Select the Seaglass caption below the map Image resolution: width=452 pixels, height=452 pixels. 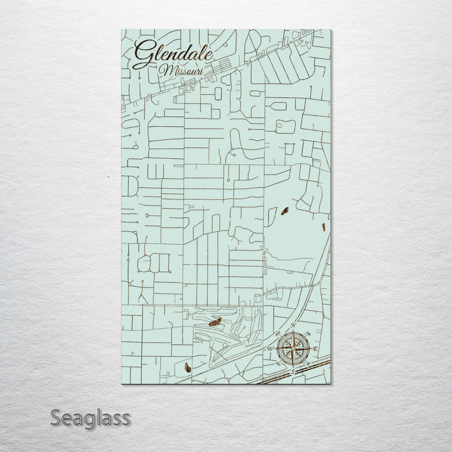[x=90, y=417]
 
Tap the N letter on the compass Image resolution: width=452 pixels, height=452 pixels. [x=293, y=325]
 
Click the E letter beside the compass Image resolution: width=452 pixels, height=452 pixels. [x=315, y=348]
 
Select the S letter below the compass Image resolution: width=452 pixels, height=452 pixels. [x=293, y=371]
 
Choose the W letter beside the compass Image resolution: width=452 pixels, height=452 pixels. [x=271, y=348]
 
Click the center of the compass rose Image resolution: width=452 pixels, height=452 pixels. [x=293, y=348]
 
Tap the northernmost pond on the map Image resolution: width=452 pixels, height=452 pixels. [x=284, y=211]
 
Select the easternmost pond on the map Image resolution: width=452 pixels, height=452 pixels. [x=323, y=227]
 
